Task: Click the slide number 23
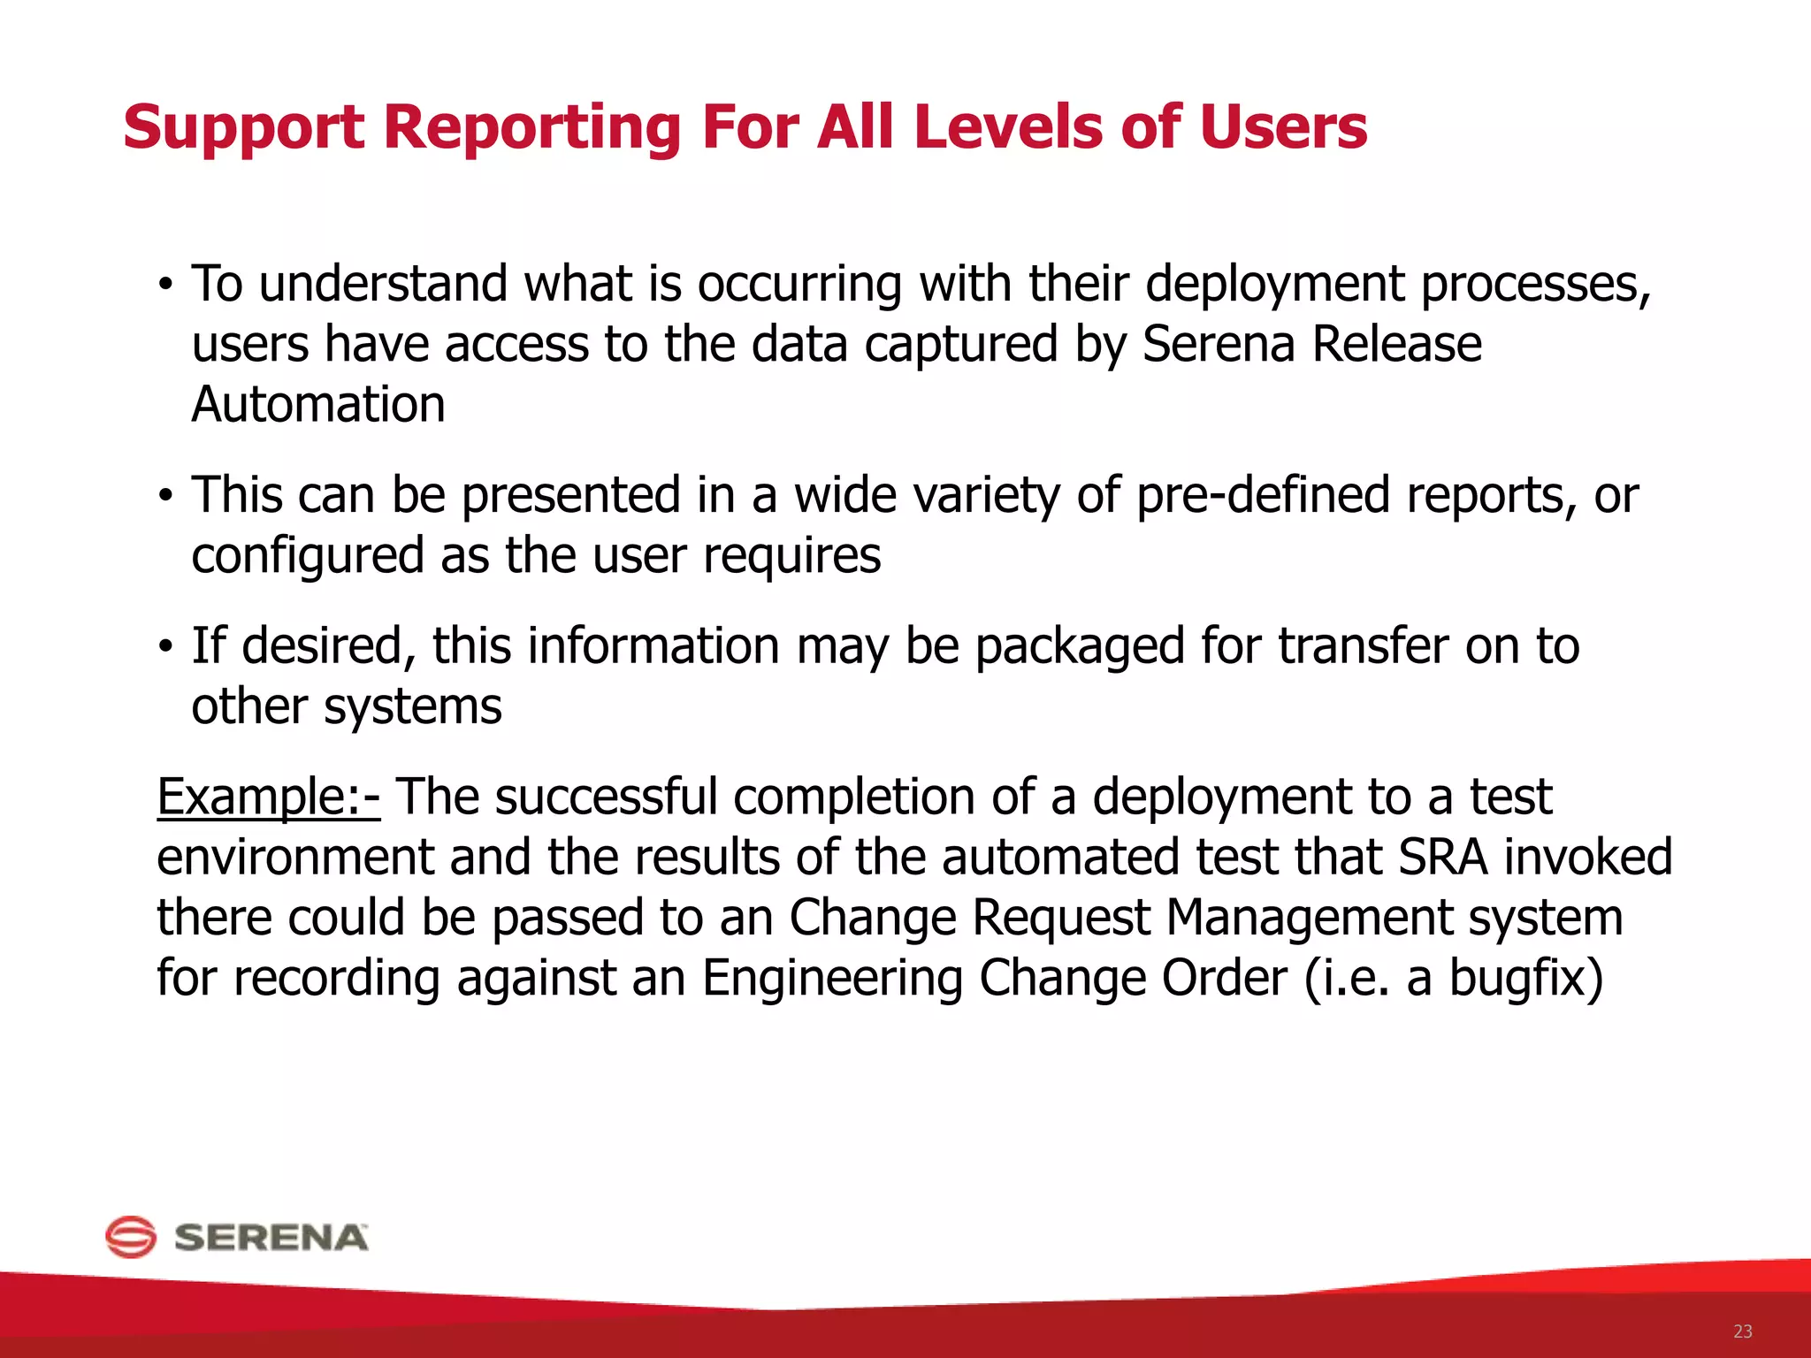pos(1742,1331)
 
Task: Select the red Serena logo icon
pos(131,1236)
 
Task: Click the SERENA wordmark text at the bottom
pos(271,1238)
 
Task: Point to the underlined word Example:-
pos(268,797)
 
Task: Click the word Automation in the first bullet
pos(318,405)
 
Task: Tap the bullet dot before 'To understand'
pos(164,286)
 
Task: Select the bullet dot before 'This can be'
pos(164,497)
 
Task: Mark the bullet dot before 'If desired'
pos(164,648)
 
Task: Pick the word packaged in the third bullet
pos(1079,646)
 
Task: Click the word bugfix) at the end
pos(1525,979)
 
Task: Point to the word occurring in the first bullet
pos(799,286)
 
